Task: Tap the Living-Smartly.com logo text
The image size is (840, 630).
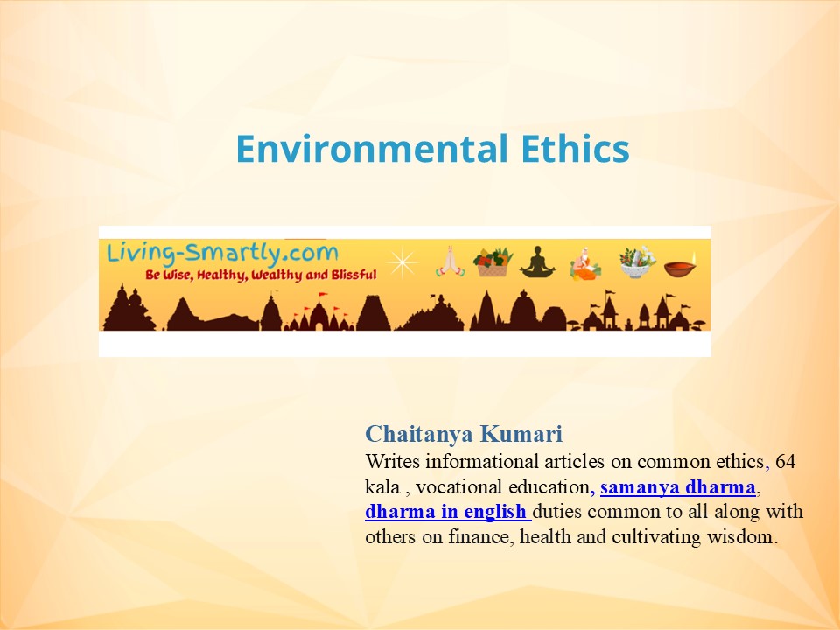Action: coord(220,254)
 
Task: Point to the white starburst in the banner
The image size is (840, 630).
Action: coord(403,262)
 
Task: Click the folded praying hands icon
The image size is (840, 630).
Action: coord(447,262)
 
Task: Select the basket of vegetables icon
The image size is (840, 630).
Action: coord(493,262)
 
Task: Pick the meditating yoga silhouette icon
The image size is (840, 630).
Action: coord(537,262)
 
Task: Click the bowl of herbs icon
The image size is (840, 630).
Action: coord(637,262)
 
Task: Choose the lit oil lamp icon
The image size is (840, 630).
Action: coord(682,264)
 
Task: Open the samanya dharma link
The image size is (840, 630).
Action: coord(678,486)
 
